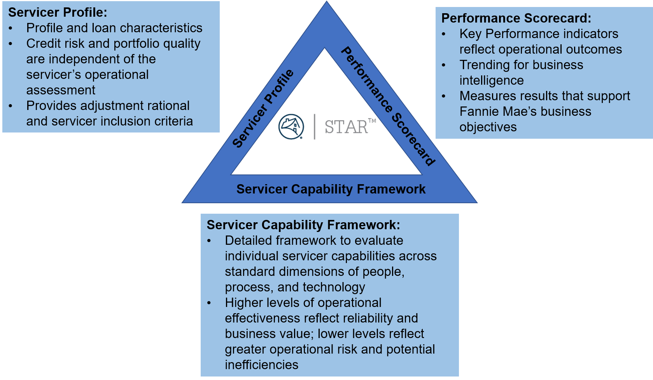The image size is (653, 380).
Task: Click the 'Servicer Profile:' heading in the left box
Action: [x=58, y=12]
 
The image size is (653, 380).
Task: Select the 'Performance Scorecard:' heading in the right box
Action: [x=516, y=18]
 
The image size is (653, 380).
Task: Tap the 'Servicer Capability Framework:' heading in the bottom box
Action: [x=303, y=225]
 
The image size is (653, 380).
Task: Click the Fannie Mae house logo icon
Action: [x=291, y=127]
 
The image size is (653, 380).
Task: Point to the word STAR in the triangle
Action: [x=346, y=127]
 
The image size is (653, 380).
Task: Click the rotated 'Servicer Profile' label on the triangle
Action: [x=263, y=108]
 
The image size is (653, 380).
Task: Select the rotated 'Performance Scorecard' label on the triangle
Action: [x=388, y=106]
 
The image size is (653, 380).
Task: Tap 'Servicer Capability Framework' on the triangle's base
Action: [x=331, y=189]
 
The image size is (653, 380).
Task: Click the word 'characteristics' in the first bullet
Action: [x=161, y=28]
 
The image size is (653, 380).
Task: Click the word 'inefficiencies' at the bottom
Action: [x=261, y=365]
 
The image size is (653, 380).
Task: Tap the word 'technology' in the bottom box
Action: [x=334, y=288]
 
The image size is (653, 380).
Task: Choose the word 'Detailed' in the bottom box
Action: [x=249, y=241]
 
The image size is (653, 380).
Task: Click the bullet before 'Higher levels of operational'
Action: [x=209, y=303]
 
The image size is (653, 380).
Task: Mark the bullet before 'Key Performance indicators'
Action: [x=443, y=34]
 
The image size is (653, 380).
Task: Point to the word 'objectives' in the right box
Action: [x=488, y=127]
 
